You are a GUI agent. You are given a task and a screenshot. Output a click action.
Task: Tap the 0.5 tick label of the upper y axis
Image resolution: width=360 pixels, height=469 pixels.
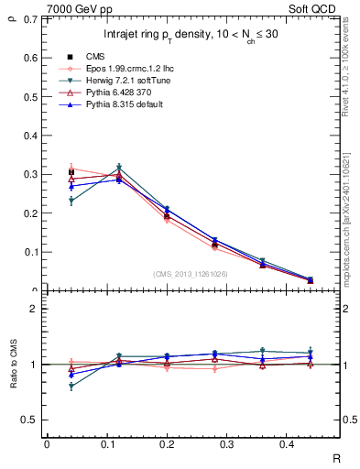coord(32,96)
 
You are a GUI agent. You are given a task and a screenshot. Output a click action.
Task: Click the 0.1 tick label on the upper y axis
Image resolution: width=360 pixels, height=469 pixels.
coord(32,252)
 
